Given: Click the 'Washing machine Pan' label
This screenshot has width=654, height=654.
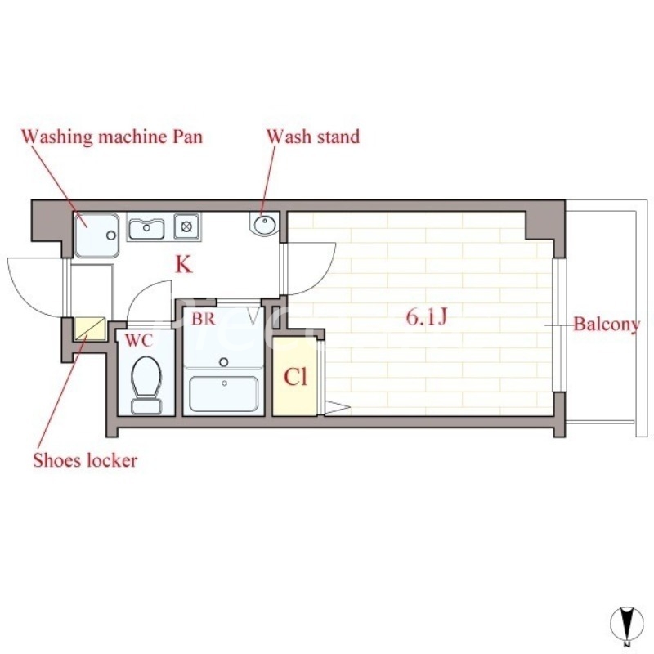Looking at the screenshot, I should [x=111, y=136].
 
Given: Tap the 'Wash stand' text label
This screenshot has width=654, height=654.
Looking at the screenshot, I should [x=312, y=136].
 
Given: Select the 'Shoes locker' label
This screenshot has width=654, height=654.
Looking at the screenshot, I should [x=85, y=460].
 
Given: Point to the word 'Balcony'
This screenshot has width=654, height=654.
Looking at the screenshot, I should [x=606, y=325].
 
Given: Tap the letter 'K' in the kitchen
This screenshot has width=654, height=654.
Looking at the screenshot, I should [x=183, y=265].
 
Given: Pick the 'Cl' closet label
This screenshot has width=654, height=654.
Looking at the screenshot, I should [x=295, y=377].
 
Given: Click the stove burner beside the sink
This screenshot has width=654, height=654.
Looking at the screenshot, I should [x=187, y=226].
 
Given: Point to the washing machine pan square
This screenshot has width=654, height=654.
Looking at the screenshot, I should [x=96, y=234].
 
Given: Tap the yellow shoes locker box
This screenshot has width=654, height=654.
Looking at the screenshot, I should [x=90, y=329].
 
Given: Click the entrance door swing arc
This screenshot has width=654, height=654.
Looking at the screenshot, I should [x=33, y=282].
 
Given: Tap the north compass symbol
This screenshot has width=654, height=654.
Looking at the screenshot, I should [x=626, y=625].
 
